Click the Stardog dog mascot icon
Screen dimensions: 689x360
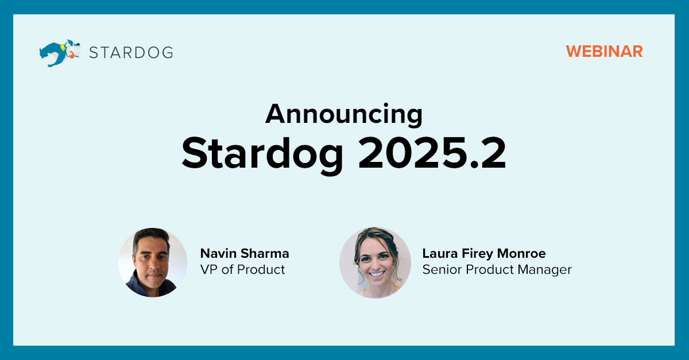point(60,53)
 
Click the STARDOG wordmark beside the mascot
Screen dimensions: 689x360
point(131,53)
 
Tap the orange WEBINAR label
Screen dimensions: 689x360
point(604,51)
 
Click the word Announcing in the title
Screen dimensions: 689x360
point(344,114)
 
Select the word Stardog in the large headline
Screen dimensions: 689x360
point(262,154)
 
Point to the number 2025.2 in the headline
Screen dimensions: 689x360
point(432,153)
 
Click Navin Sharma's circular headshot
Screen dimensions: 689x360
point(153,262)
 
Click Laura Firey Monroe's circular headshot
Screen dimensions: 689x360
point(375,262)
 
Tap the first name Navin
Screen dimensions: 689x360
point(218,254)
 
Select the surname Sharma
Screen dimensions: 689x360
point(265,254)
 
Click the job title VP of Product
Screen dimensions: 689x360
point(242,269)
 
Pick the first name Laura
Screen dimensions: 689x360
point(440,254)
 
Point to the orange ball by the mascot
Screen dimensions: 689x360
point(72,56)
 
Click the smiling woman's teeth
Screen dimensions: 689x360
point(377,274)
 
